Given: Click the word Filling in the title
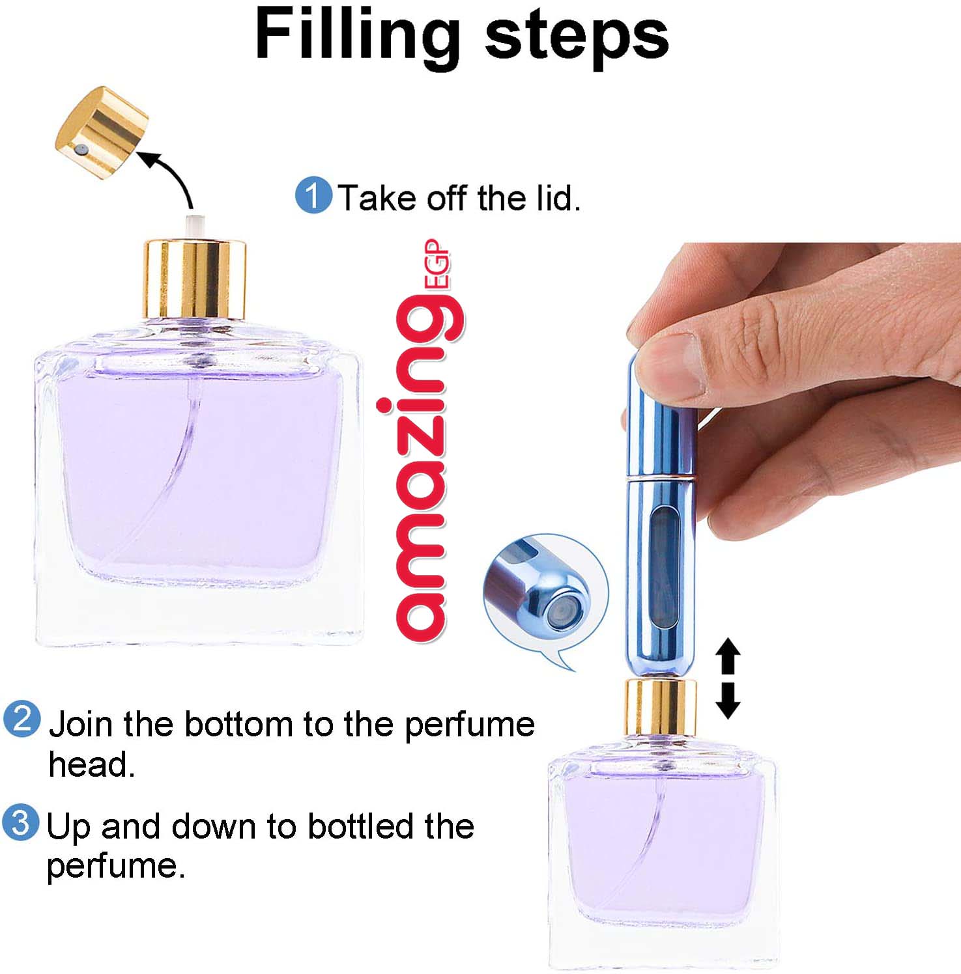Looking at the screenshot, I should point(357,36).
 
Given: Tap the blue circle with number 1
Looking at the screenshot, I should point(313,195).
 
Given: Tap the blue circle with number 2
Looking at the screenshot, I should point(22,719).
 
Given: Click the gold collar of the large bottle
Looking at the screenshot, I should point(194,279).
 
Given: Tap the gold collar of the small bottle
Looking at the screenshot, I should point(660,707).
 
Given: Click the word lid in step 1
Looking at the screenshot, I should point(557,198).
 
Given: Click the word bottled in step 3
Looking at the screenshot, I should point(362,826).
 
